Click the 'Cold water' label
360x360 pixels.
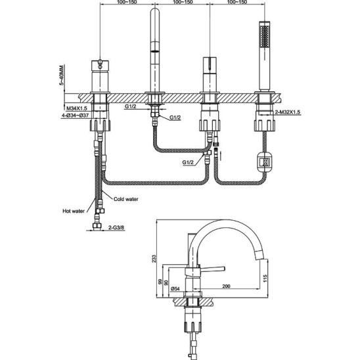click(x=126, y=199)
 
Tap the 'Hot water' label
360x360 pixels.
click(x=74, y=211)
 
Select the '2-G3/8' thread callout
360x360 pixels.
click(x=116, y=227)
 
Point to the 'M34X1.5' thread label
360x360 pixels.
click(x=77, y=108)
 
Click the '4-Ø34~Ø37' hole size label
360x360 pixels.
click(x=75, y=116)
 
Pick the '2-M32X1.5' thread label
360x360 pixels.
click(x=288, y=112)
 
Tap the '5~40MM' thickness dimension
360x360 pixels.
click(x=62, y=75)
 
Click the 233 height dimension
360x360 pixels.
click(x=154, y=258)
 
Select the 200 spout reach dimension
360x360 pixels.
click(x=226, y=286)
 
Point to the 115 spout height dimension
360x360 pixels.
click(x=265, y=279)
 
